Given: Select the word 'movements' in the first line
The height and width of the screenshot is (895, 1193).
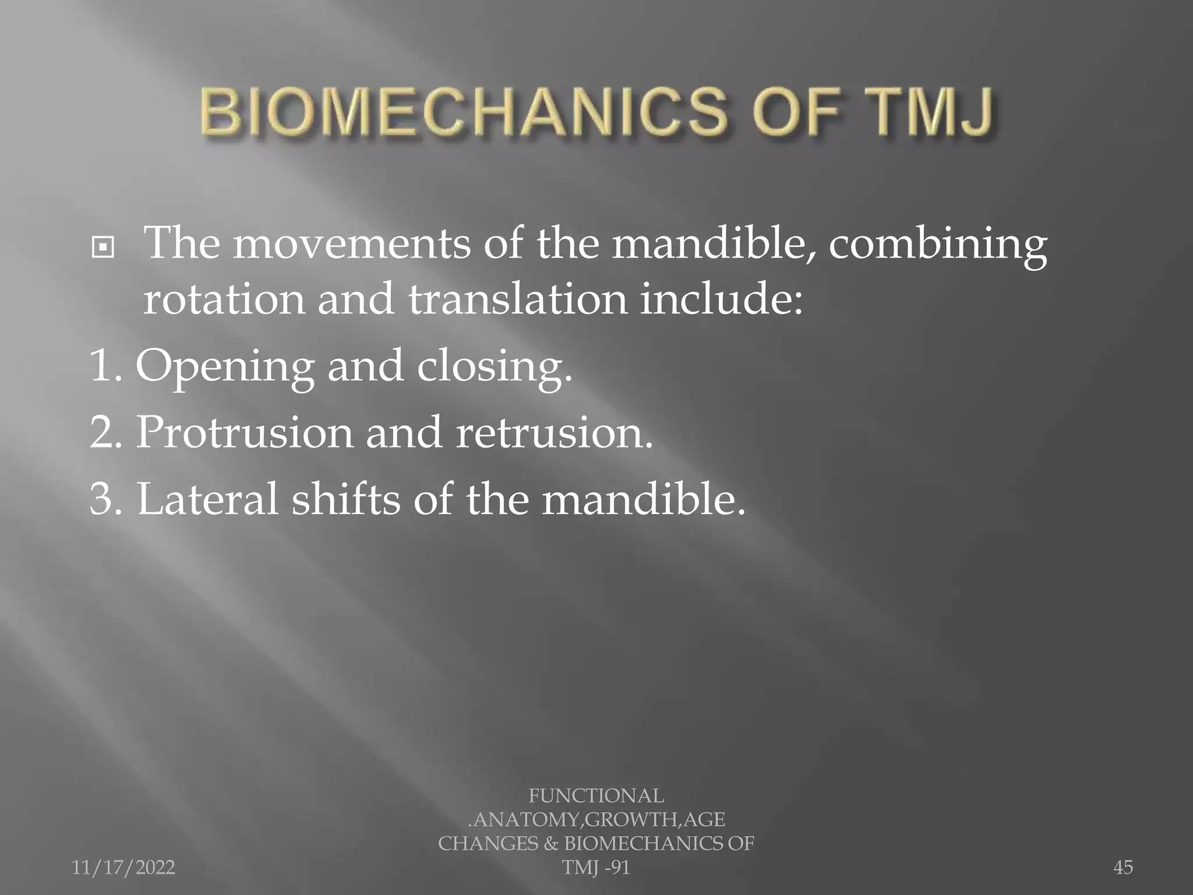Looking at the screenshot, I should pos(352,244).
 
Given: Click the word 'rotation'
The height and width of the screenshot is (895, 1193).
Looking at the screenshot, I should pos(224,299).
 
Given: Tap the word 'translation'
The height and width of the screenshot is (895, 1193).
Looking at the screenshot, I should pos(517,299).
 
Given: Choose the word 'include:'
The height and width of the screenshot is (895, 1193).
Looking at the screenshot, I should pos(721,299).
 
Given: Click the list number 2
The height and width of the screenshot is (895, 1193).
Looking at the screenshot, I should pos(104,433).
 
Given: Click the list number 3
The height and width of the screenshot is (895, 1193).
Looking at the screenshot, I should pos(104,499).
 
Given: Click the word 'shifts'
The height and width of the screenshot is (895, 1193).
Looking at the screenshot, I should pos(345,499).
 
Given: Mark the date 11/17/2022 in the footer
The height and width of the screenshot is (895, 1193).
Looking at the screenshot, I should pos(123,868).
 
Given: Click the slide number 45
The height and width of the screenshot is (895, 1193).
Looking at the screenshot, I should pos(1123,868).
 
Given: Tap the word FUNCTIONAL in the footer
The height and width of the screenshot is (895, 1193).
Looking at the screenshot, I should pos(596,796).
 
